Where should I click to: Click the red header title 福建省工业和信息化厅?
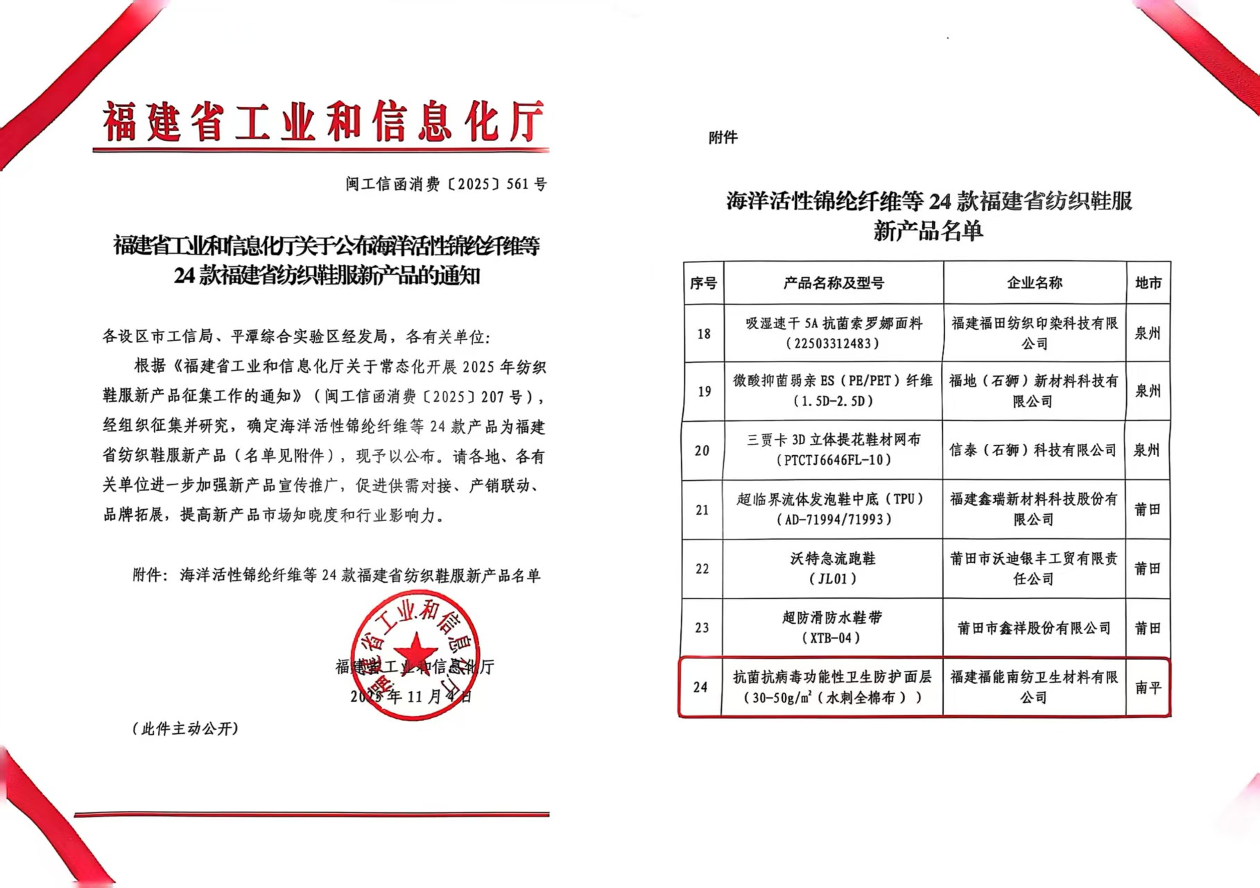click(322, 122)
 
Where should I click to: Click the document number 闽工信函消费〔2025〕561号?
click(446, 184)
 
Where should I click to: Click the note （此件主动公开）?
click(185, 728)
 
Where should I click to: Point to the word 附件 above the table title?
click(723, 137)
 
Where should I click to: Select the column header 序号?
click(703, 283)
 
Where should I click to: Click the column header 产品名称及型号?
click(834, 283)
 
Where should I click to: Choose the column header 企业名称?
click(1034, 283)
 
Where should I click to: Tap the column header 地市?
click(1148, 283)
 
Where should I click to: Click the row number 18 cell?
click(704, 334)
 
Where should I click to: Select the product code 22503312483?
click(833, 343)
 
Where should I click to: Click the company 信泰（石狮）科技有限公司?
click(1033, 450)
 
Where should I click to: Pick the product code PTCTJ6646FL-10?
click(833, 460)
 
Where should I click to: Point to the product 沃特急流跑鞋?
click(833, 558)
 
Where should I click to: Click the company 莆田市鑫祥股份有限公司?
click(1033, 628)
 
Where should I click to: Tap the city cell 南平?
click(1148, 688)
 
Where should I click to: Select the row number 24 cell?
click(700, 688)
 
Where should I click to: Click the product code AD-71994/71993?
click(833, 520)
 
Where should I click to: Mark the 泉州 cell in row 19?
click(1147, 391)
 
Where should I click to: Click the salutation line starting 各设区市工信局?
click(296, 337)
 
